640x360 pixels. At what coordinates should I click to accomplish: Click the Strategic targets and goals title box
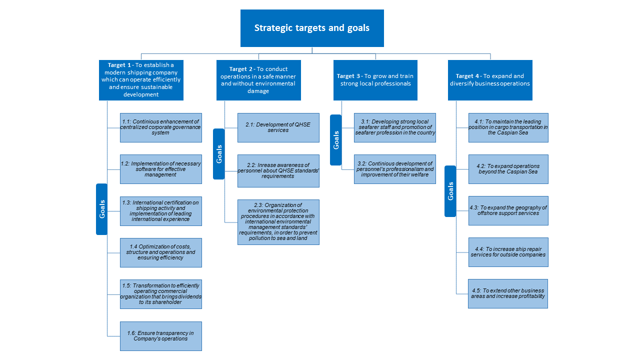(312, 28)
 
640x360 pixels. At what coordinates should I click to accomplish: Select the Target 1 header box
(141, 80)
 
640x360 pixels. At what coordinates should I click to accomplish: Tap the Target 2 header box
(258, 80)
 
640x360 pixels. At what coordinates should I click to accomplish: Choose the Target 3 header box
(375, 80)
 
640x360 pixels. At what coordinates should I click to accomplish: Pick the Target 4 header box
(490, 80)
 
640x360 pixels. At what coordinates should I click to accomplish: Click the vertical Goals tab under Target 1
(101, 209)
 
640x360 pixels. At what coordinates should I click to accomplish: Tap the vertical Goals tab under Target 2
(219, 154)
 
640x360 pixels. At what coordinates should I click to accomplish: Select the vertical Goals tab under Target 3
(335, 140)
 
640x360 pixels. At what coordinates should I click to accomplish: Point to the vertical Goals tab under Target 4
(450, 191)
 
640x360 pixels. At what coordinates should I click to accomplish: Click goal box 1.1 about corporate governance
(161, 127)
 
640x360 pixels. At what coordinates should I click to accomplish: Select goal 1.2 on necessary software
(161, 169)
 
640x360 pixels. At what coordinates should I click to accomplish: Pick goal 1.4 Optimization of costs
(161, 252)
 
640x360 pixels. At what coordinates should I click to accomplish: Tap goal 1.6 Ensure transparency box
(161, 336)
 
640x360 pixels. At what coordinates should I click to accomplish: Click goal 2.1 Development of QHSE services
(278, 127)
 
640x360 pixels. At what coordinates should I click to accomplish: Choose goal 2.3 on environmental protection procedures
(278, 222)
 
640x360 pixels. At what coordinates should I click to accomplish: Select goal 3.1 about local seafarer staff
(395, 127)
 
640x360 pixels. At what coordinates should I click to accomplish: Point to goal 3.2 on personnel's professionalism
(395, 169)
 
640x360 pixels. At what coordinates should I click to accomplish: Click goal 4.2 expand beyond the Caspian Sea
(508, 169)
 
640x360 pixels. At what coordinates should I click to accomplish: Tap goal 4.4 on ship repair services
(508, 252)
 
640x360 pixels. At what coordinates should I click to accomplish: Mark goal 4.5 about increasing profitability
(508, 293)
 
